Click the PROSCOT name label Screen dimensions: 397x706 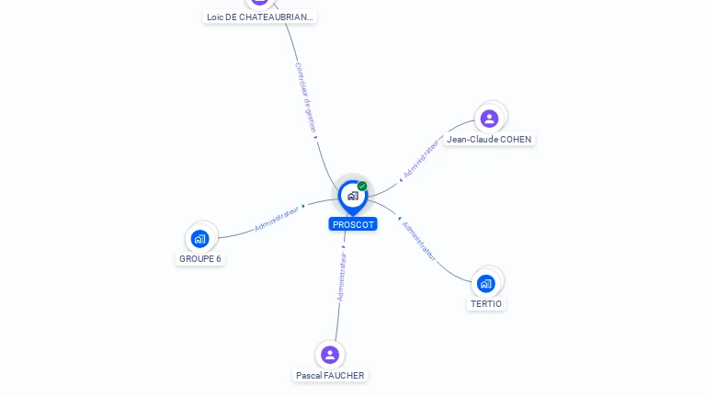point(353,224)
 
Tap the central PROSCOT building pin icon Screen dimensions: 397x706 point(352,196)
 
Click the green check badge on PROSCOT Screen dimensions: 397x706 point(362,187)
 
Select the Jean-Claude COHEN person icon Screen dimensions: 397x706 point(489,118)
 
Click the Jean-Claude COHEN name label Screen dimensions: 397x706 point(489,140)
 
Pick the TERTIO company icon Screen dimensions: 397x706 point(486,282)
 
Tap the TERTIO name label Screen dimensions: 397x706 point(486,304)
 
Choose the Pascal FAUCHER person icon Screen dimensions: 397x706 point(330,355)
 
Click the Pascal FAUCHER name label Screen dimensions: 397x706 point(330,376)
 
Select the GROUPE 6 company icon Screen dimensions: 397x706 point(199,239)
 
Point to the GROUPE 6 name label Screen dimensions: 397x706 point(199,259)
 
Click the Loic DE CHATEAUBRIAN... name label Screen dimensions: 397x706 point(260,17)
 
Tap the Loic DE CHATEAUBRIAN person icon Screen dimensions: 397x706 point(260,1)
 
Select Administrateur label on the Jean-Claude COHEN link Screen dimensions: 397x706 point(421,158)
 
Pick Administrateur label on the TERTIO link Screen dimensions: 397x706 point(419,241)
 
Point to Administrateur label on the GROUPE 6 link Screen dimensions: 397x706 point(277,218)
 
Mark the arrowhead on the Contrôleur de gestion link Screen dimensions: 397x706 point(316,138)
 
